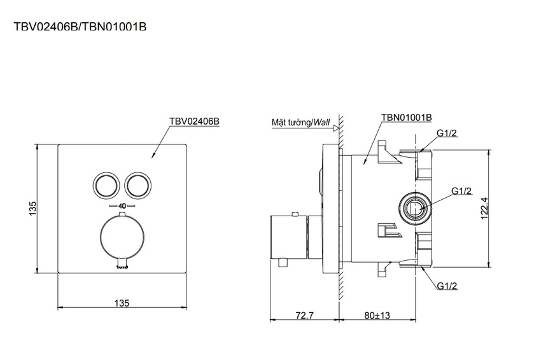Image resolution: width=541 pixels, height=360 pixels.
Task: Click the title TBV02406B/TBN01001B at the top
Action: tap(80, 27)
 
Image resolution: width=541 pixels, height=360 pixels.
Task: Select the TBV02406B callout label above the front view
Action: tap(194, 121)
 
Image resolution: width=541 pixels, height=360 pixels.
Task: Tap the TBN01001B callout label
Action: tap(407, 117)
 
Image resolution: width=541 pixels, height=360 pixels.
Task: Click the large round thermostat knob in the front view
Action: tap(122, 238)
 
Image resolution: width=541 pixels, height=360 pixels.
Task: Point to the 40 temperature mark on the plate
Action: tap(122, 206)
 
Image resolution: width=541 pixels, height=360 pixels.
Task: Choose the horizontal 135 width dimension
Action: tap(122, 303)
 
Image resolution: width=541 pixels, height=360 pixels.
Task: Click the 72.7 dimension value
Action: tap(305, 315)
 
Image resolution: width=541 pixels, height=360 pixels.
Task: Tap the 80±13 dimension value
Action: tap(377, 315)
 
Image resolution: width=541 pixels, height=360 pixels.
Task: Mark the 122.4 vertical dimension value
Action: tap(484, 208)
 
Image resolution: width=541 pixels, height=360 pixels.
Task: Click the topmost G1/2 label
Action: tap(447, 133)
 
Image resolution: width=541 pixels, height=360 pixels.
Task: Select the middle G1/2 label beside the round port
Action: tap(461, 191)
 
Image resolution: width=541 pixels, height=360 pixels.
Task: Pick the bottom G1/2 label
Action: tap(447, 286)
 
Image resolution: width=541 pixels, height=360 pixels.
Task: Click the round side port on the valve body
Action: tap(415, 208)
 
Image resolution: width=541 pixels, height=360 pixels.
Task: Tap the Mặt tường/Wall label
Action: tap(301, 122)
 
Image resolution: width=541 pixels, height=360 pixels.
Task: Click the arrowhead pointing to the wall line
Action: tap(335, 128)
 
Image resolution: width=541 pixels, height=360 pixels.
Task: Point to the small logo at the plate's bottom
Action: tap(122, 267)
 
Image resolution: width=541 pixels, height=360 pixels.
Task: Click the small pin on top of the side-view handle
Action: tap(295, 214)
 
